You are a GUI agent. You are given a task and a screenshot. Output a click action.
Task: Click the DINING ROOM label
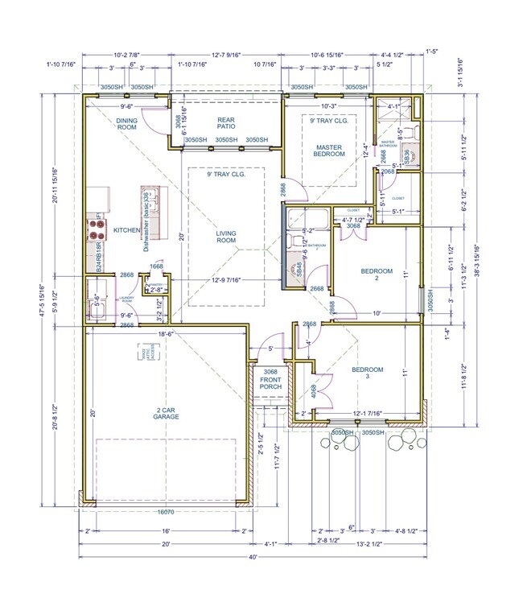[127, 124]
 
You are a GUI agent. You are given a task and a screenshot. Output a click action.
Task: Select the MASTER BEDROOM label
[329, 151]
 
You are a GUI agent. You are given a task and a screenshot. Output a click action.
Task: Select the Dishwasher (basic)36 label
[148, 233]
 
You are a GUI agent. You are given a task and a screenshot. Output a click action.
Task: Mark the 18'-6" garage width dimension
[167, 332]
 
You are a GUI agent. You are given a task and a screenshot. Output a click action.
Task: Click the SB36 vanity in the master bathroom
[408, 156]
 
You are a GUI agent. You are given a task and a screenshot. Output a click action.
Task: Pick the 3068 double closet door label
[352, 226]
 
